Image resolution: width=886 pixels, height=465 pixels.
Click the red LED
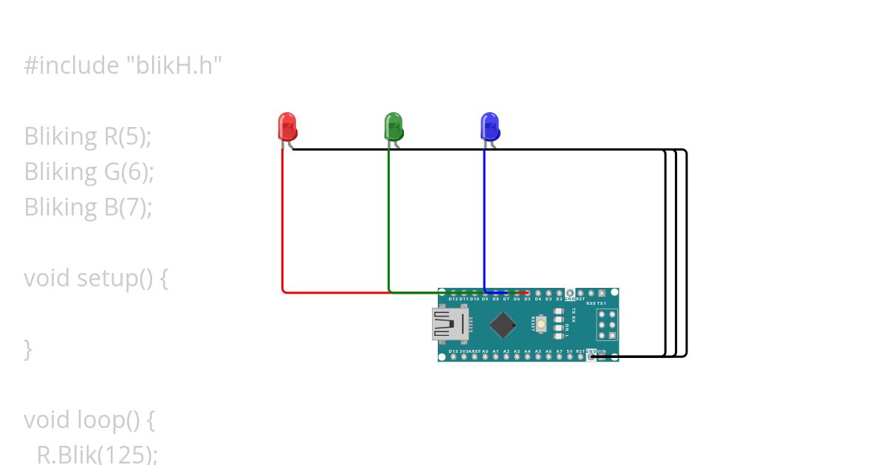tap(287, 127)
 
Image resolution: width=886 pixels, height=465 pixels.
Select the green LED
tap(394, 127)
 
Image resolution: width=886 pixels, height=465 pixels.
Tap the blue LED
tap(490, 127)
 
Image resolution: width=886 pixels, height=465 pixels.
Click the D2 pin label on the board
tap(559, 299)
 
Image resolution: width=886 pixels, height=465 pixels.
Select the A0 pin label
tap(485, 351)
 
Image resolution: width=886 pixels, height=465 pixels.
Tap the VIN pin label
tap(602, 351)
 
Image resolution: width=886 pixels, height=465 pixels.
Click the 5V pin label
tap(569, 351)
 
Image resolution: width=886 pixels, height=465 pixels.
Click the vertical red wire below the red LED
tap(283, 221)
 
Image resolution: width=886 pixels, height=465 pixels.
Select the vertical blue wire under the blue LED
tap(484, 221)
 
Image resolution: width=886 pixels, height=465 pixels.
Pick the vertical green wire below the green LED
tap(389, 221)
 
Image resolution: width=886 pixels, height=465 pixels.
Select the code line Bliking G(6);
tap(89, 172)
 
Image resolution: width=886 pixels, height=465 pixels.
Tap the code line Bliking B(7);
tap(88, 207)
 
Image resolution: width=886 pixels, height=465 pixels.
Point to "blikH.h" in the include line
tap(174, 66)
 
